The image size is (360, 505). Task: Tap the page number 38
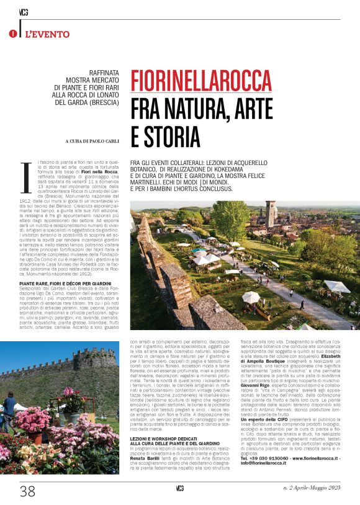(x=27, y=492)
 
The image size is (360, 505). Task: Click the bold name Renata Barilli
(x=145, y=454)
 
